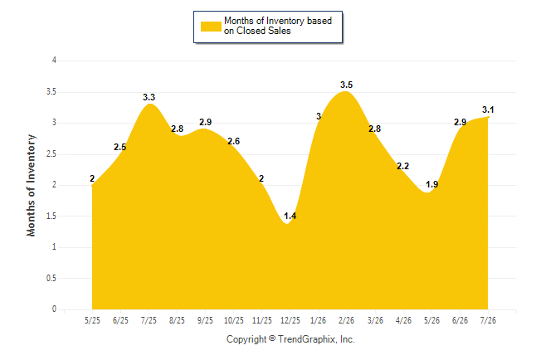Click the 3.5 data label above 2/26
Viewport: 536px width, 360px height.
(x=346, y=85)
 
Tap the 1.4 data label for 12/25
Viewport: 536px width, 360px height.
(x=290, y=216)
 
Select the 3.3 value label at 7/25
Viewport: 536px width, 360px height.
(x=149, y=97)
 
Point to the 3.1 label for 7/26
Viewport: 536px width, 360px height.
(x=488, y=109)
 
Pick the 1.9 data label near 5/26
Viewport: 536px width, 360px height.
(x=431, y=185)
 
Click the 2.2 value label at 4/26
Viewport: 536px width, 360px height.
(x=402, y=166)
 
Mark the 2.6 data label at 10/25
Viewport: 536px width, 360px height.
(x=233, y=141)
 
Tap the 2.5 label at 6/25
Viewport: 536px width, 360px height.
(x=120, y=148)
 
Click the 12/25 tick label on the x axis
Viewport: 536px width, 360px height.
(x=290, y=320)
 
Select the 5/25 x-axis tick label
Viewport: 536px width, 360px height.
(x=92, y=320)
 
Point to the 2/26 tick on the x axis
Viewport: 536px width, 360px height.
(x=346, y=320)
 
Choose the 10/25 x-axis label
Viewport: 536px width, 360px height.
(x=233, y=320)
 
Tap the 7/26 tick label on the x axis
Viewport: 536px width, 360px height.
(x=488, y=320)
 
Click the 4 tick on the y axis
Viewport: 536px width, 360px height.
(x=54, y=61)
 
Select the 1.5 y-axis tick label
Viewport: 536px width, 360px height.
(x=51, y=216)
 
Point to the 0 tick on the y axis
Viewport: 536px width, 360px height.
(x=54, y=309)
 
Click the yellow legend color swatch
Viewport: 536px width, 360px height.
(x=211, y=27)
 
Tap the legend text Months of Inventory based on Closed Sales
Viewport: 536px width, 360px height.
(x=278, y=26)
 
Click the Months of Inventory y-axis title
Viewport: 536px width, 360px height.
(x=31, y=185)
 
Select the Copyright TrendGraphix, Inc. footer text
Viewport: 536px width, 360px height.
(x=290, y=339)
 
